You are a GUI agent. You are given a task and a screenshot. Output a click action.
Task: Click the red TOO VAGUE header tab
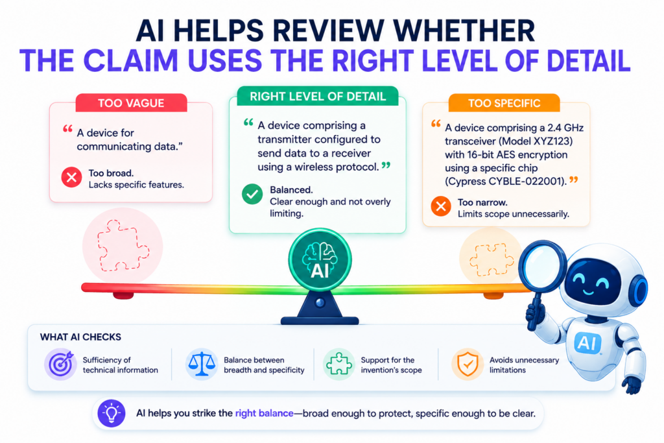click(x=131, y=103)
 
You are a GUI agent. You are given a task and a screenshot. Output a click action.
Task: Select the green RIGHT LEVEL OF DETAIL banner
click(x=318, y=96)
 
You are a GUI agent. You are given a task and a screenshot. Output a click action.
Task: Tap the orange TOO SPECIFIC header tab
click(x=504, y=103)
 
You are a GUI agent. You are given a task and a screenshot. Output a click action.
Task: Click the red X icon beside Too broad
click(x=71, y=178)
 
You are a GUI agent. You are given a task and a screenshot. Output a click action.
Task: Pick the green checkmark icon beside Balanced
click(x=252, y=195)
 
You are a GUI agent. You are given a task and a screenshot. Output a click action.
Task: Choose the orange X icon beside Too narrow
click(x=441, y=206)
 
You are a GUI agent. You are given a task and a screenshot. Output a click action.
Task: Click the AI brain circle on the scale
click(x=320, y=259)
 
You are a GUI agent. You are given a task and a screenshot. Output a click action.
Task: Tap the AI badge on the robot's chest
click(x=587, y=342)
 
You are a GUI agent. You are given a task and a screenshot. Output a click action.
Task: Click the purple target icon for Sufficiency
click(x=60, y=365)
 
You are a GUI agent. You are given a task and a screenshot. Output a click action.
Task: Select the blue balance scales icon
click(x=201, y=365)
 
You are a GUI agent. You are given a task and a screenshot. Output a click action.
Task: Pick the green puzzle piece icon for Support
click(x=338, y=365)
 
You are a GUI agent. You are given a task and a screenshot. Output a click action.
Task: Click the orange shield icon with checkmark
click(x=468, y=365)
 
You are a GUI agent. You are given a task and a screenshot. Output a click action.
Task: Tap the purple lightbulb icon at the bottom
click(x=112, y=413)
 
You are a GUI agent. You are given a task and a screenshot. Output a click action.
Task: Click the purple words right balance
click(x=265, y=413)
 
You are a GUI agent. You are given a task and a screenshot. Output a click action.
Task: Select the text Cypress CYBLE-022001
click(x=504, y=182)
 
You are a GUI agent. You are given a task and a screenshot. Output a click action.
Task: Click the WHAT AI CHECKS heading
click(x=80, y=337)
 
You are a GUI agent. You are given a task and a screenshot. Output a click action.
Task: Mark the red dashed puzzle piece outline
click(x=123, y=245)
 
